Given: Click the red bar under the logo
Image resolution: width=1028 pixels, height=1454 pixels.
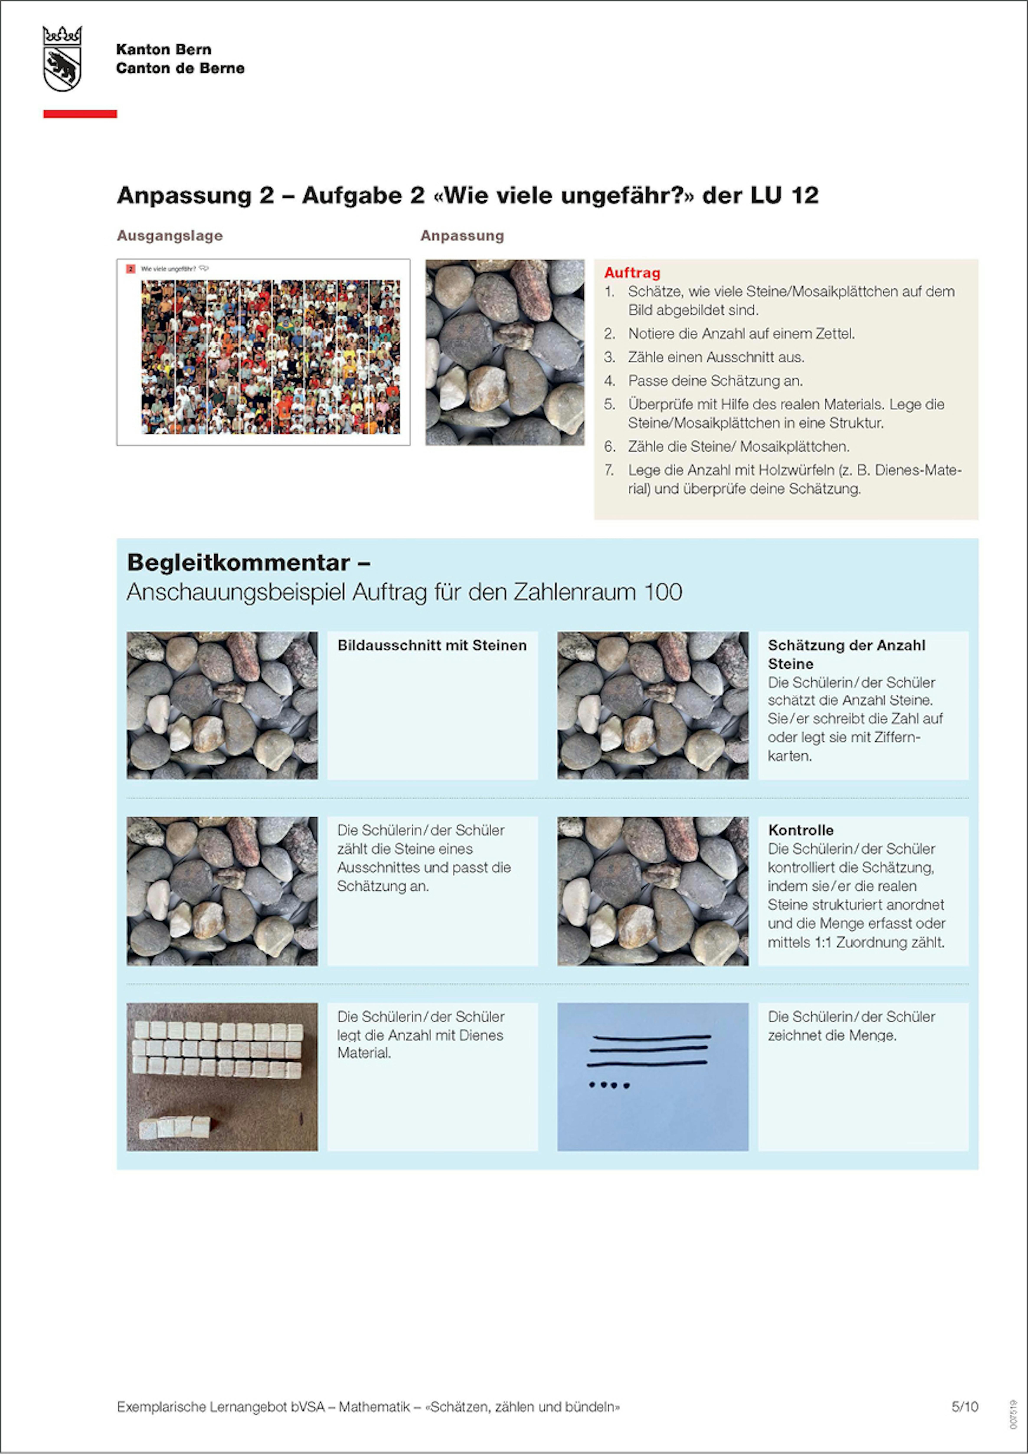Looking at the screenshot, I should [x=80, y=114].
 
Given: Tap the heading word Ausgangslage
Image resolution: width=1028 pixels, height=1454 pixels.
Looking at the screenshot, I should [x=170, y=236].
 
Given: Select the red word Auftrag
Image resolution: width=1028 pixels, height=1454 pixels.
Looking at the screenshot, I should [x=631, y=273].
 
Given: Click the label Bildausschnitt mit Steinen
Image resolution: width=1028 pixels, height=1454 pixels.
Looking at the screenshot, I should [x=432, y=645].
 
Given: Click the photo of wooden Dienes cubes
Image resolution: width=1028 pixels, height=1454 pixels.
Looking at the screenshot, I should [x=222, y=1077].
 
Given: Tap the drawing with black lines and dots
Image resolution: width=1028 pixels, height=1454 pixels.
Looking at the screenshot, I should [x=652, y=1077].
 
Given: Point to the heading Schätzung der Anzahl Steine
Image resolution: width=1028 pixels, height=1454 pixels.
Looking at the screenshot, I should [x=846, y=654].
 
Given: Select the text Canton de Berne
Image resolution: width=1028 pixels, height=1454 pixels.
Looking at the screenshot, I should [x=180, y=68].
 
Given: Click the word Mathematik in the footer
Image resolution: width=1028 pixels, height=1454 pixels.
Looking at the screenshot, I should [x=374, y=1407].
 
